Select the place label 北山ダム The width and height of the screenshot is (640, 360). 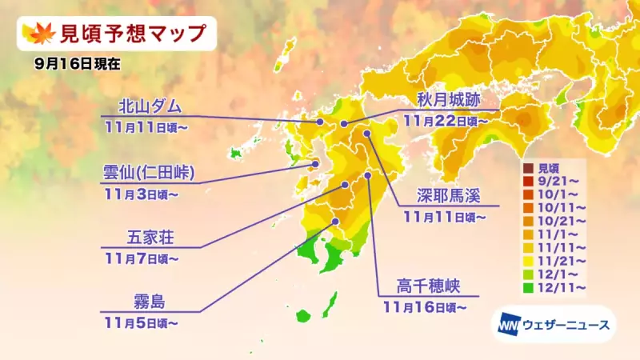coord(150,106)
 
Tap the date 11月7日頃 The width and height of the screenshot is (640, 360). coord(140,258)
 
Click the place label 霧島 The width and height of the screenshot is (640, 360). coord(150,302)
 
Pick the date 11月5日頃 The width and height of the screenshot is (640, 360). coord(140,322)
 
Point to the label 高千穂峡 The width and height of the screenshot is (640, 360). coord(428,286)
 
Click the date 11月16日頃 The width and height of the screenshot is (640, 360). coord(422,306)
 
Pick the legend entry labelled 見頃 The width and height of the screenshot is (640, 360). coord(548,169)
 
